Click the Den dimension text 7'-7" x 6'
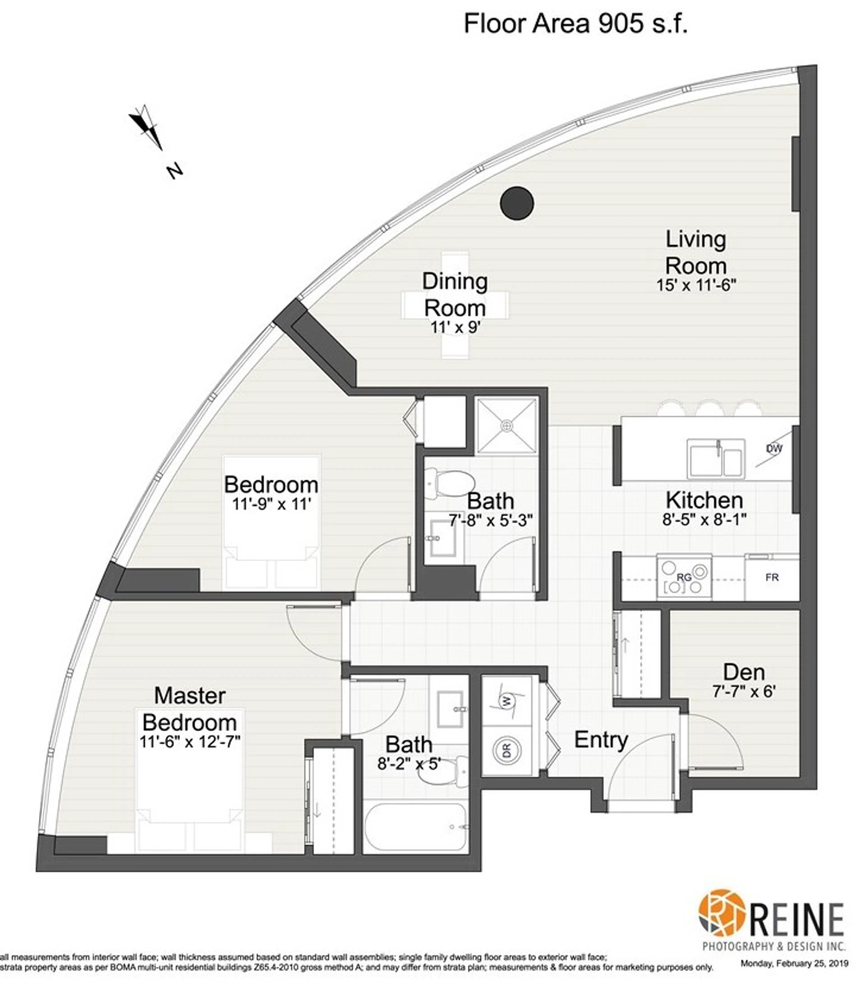tap(744, 692)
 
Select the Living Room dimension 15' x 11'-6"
tap(696, 285)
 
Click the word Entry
tap(601, 739)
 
